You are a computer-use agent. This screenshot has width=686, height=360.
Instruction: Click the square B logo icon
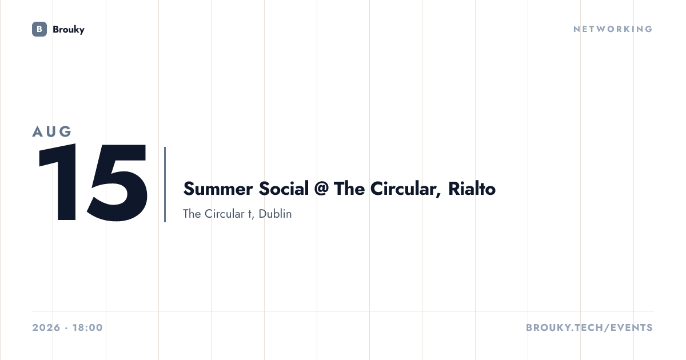[x=39, y=29]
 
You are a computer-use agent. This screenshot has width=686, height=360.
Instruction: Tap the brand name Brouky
[x=69, y=30]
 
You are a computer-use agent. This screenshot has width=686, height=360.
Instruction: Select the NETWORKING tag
[x=613, y=29]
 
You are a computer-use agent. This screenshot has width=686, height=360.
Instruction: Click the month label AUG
[x=52, y=131]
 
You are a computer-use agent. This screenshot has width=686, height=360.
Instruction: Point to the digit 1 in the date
[x=59, y=182]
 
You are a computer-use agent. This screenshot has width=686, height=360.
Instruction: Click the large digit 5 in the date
[x=117, y=183]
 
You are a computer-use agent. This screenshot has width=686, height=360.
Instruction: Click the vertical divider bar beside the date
[x=165, y=184]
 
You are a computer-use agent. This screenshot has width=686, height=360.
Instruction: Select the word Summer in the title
[x=218, y=189]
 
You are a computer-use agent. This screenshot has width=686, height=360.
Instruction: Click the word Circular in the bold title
[x=405, y=189]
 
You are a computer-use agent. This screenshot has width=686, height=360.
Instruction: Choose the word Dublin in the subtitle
[x=275, y=214]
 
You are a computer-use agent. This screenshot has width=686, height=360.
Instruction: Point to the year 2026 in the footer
[x=46, y=327]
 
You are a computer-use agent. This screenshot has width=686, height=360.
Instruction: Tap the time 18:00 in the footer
[x=87, y=327]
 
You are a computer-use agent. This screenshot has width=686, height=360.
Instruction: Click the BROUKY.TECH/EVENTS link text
[x=589, y=327]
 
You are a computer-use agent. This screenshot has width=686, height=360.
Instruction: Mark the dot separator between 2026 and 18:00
[x=66, y=328]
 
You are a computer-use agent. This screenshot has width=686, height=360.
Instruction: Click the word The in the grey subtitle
[x=192, y=214]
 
